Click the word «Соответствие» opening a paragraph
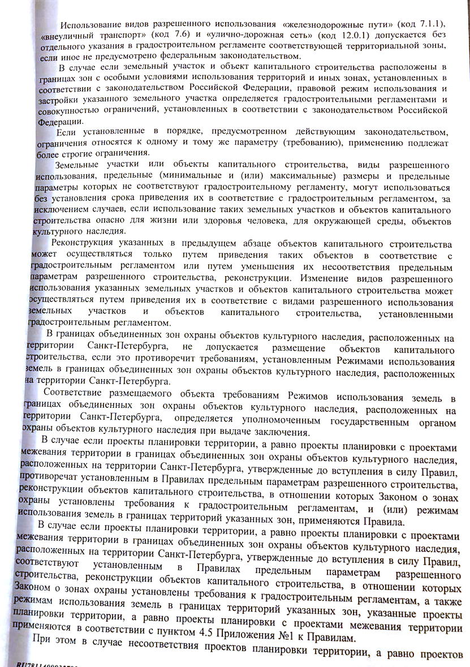tap(76, 394)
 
